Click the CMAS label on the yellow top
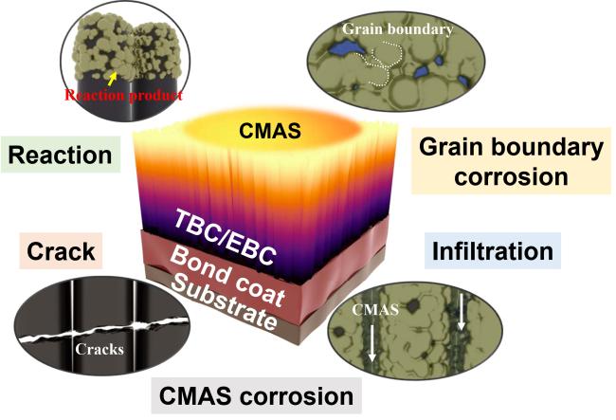[270, 130]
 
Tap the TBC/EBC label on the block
[226, 236]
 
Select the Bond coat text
[228, 276]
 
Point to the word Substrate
[225, 301]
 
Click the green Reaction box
[61, 155]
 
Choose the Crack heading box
[61, 250]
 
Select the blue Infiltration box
[493, 250]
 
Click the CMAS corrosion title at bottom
[257, 395]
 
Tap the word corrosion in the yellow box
[511, 176]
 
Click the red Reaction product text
[124, 95]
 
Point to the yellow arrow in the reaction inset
[113, 78]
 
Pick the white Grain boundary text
[398, 29]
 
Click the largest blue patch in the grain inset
[346, 49]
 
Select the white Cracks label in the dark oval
[100, 349]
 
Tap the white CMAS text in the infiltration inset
[375, 310]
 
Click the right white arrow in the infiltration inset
[462, 312]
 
